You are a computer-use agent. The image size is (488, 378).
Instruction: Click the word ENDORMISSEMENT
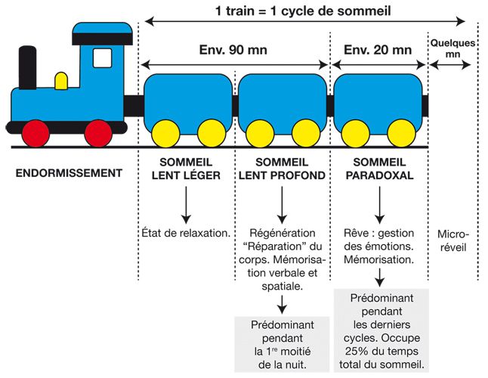point(69,173)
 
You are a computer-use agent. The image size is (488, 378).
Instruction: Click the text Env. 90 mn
point(235,51)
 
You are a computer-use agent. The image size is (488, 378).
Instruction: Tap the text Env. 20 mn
point(377,51)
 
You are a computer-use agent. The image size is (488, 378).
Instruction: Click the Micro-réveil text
point(453,240)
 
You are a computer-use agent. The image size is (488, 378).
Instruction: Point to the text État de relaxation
point(185,233)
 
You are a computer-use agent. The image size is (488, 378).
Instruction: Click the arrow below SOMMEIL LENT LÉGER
point(185,202)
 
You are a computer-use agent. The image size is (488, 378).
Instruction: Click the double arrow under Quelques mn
point(450,66)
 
